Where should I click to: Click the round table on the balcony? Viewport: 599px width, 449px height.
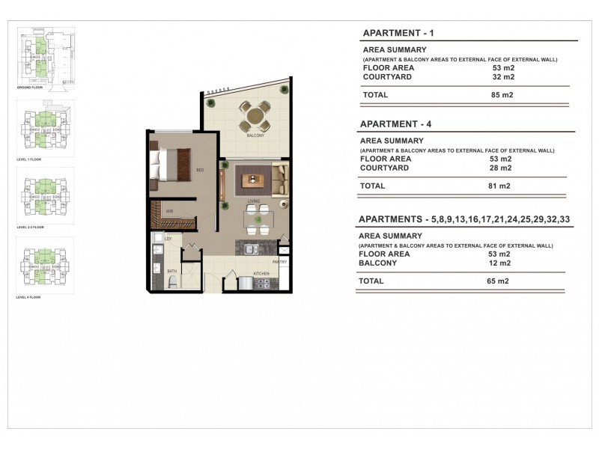coord(255,116)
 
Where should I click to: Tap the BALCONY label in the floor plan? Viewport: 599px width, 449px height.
coord(255,136)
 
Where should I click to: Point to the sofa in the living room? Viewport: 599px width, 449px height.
coord(280,179)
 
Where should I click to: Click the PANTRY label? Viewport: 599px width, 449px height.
coord(280,263)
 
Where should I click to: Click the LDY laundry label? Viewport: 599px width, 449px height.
coord(168,239)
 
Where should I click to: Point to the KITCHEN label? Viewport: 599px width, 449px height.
coord(261,275)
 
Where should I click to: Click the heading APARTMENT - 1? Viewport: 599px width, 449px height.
coord(398,34)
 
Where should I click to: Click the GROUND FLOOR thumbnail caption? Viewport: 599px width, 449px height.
coord(29,88)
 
